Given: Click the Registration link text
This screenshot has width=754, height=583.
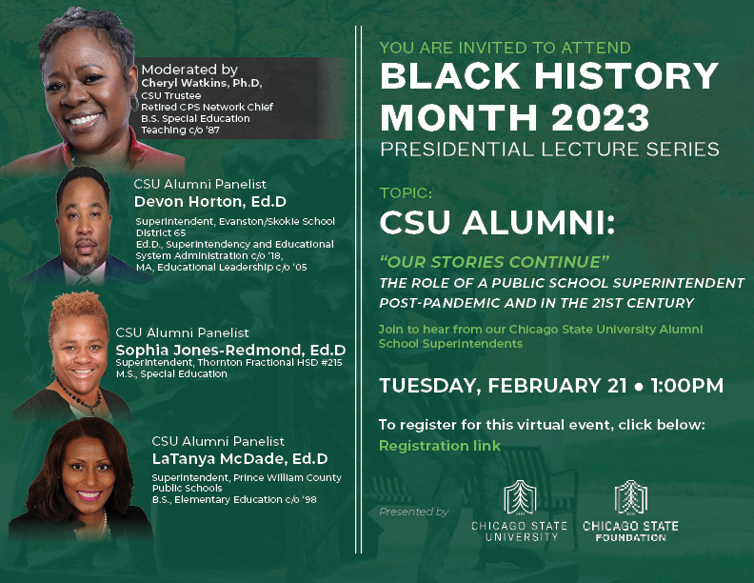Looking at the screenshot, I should click(439, 445).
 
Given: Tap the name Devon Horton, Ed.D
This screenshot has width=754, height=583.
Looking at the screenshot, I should click(209, 201).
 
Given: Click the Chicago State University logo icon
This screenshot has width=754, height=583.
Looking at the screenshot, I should click(519, 496).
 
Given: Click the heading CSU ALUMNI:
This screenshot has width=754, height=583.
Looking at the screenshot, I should click(498, 223).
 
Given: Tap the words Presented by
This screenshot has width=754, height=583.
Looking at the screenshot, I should click(413, 512).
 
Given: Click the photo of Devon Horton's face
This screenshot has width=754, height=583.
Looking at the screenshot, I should click(89, 217).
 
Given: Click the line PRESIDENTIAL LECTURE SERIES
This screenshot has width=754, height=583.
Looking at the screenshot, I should click(549, 150).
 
